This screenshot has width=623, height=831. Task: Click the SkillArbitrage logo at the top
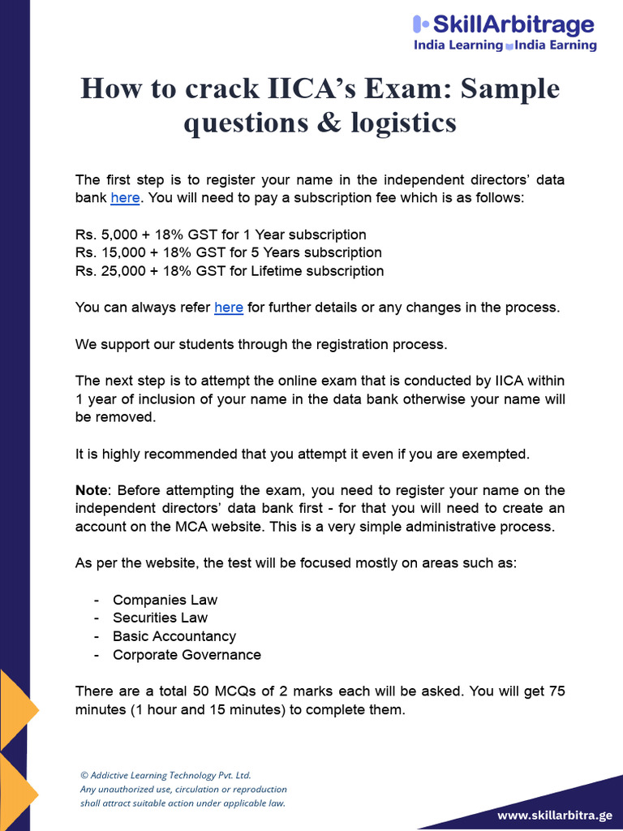(504, 25)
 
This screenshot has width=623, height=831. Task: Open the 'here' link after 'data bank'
(125, 197)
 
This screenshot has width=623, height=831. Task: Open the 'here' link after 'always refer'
(229, 308)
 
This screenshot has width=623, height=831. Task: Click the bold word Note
(91, 490)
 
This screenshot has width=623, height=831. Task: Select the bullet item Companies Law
(165, 600)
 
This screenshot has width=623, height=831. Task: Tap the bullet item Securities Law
(160, 618)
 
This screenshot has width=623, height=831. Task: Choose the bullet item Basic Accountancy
(174, 636)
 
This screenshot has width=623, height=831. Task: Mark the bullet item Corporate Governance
(187, 655)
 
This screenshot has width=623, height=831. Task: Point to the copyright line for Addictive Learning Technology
(171, 776)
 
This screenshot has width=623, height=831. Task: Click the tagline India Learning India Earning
(505, 45)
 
